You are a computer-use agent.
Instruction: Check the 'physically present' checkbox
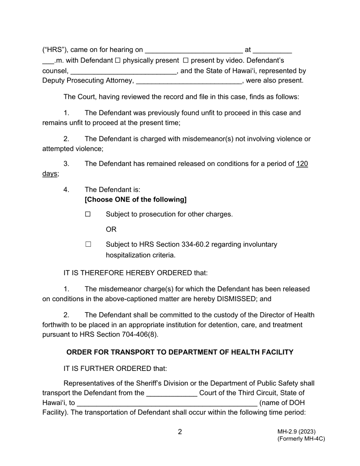click(117, 61)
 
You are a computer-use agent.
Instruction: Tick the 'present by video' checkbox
click(186, 61)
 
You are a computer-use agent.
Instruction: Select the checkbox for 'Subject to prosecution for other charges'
click(88, 214)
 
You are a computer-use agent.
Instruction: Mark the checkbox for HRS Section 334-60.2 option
click(88, 245)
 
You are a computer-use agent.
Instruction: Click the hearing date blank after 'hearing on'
click(194, 51)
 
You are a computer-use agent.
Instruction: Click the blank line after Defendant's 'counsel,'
click(124, 72)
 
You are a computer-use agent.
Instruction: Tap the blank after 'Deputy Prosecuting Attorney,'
click(188, 81)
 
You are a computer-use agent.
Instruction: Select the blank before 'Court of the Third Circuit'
click(172, 394)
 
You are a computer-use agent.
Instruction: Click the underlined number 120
click(302, 164)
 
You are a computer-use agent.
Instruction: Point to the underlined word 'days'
click(50, 174)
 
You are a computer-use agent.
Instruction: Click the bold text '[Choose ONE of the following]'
click(136, 200)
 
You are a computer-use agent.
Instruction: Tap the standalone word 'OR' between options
click(111, 230)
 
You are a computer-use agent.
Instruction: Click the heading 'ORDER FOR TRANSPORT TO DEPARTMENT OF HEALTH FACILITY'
click(180, 352)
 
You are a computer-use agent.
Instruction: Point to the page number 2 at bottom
click(180, 432)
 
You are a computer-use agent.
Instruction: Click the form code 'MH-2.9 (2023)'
click(296, 432)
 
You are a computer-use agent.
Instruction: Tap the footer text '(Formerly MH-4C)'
click(301, 439)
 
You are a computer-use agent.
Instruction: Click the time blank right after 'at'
click(272, 51)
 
